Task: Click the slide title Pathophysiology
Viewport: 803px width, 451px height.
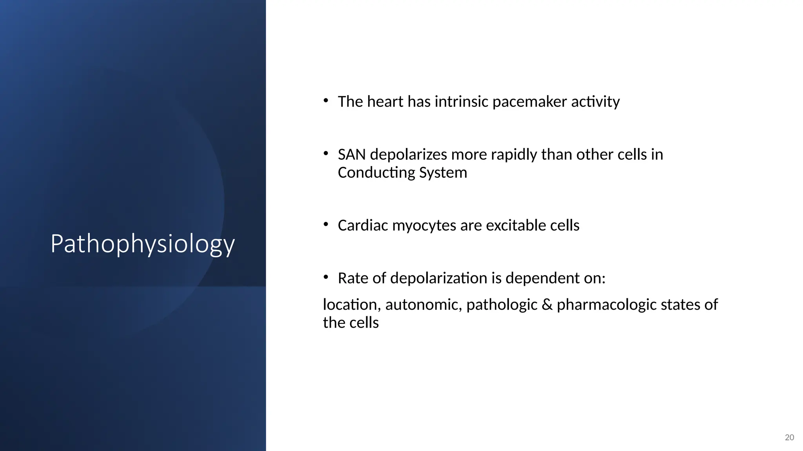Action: pyautogui.click(x=143, y=244)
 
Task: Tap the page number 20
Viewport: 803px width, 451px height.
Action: pyautogui.click(x=789, y=437)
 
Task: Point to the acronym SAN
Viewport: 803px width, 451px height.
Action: pyautogui.click(x=352, y=155)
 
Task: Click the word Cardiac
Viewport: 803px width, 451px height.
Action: pyautogui.click(x=363, y=225)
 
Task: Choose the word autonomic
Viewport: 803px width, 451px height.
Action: pyautogui.click(x=423, y=305)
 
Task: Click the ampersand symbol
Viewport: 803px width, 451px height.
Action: pyautogui.click(x=547, y=305)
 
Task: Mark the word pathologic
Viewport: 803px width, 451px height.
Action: pyautogui.click(x=501, y=305)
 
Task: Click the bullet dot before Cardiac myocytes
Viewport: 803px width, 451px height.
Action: pyautogui.click(x=326, y=224)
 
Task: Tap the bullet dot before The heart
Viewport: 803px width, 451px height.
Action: pyautogui.click(x=326, y=101)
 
